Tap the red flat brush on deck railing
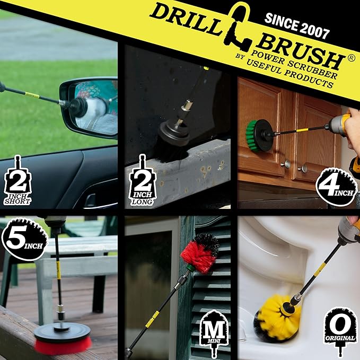point(63,339)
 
